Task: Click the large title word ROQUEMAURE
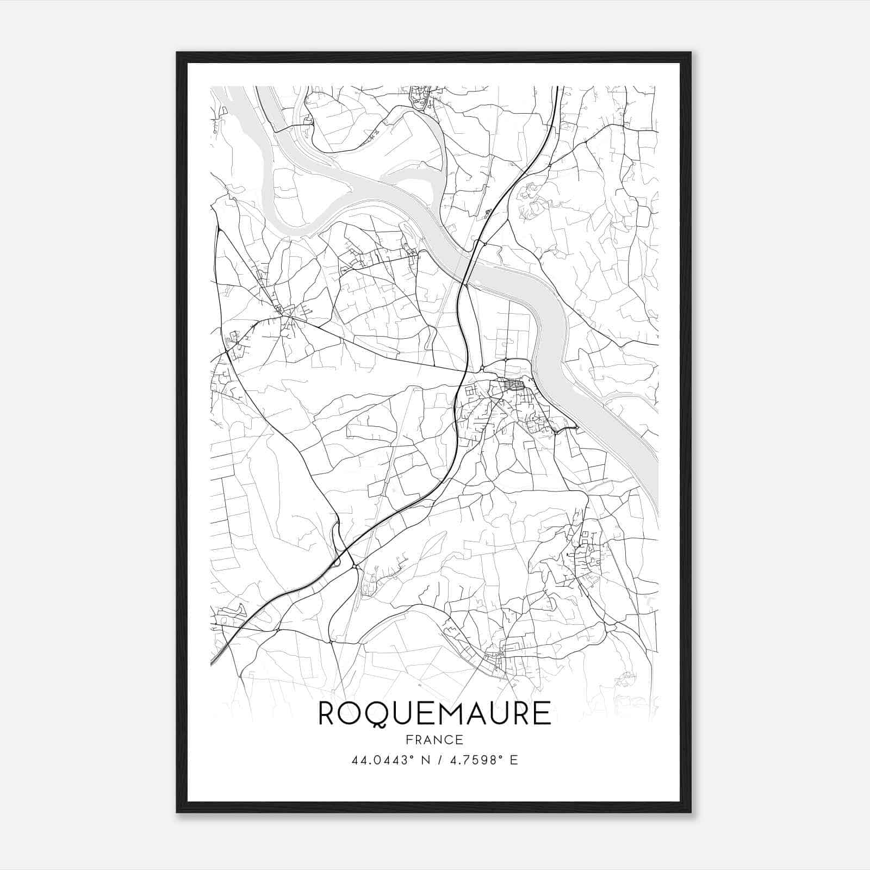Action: (434, 713)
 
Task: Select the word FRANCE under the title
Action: (434, 739)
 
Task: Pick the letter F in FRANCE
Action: (408, 739)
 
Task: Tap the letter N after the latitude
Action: (425, 760)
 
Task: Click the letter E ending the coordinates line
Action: (513, 760)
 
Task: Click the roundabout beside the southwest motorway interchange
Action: (355, 567)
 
